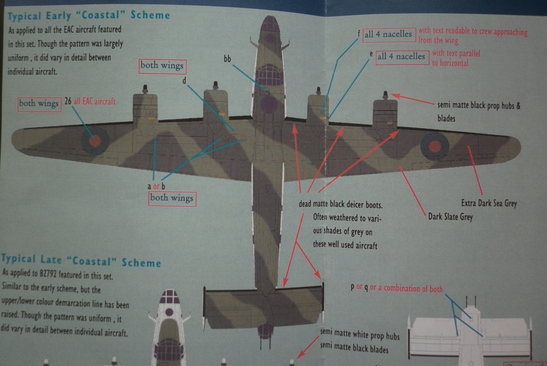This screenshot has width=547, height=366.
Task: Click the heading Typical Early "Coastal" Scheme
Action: (x=88, y=15)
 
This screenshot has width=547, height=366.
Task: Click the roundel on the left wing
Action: (x=95, y=141)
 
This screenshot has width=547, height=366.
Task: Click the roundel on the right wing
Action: (x=435, y=145)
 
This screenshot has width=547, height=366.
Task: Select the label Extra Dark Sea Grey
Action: (x=489, y=203)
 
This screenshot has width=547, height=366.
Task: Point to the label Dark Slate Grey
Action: (x=450, y=217)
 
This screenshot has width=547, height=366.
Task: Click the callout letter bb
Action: (x=227, y=59)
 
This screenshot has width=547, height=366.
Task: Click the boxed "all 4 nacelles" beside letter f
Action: (x=388, y=34)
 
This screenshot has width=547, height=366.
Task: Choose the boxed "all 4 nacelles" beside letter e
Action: (x=402, y=56)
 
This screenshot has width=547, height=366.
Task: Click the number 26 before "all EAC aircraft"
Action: (x=68, y=101)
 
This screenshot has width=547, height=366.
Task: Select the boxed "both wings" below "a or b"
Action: (x=171, y=198)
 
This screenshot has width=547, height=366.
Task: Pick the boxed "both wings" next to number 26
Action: (x=38, y=103)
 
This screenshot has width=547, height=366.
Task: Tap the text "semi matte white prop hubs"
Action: (x=360, y=337)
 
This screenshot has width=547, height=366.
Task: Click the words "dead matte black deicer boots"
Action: (x=341, y=205)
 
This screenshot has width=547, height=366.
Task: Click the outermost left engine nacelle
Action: (x=145, y=110)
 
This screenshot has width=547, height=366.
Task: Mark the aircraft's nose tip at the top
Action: (x=270, y=19)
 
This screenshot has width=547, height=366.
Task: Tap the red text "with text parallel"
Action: (x=456, y=53)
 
